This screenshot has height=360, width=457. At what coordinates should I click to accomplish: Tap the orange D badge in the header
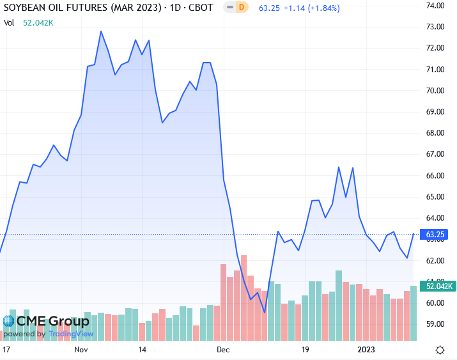click(x=241, y=8)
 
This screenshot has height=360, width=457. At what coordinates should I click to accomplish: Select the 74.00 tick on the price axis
click(x=435, y=6)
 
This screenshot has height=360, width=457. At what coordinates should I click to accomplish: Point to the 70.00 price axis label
click(x=435, y=91)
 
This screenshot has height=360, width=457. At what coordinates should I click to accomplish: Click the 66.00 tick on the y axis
click(x=435, y=176)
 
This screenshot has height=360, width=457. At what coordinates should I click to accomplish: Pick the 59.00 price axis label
click(x=435, y=324)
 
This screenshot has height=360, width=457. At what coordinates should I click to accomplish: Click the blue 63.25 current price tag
click(x=435, y=234)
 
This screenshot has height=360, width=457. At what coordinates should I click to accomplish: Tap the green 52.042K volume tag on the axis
click(x=435, y=285)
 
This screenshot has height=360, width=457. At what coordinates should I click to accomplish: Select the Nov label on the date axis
click(x=81, y=350)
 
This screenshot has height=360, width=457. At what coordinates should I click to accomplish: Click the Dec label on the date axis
click(x=222, y=350)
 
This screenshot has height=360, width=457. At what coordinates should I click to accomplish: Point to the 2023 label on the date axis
click(x=366, y=350)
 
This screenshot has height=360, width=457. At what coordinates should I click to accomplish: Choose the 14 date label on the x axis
click(x=143, y=350)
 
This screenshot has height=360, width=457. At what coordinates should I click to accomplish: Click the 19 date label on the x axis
click(x=305, y=350)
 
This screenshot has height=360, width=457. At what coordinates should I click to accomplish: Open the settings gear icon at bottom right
click(x=440, y=350)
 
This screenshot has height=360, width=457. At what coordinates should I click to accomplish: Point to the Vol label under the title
click(x=9, y=22)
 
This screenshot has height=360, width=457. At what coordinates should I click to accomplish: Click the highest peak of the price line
click(x=101, y=31)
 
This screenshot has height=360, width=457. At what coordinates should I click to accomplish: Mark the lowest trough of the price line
click(x=265, y=312)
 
